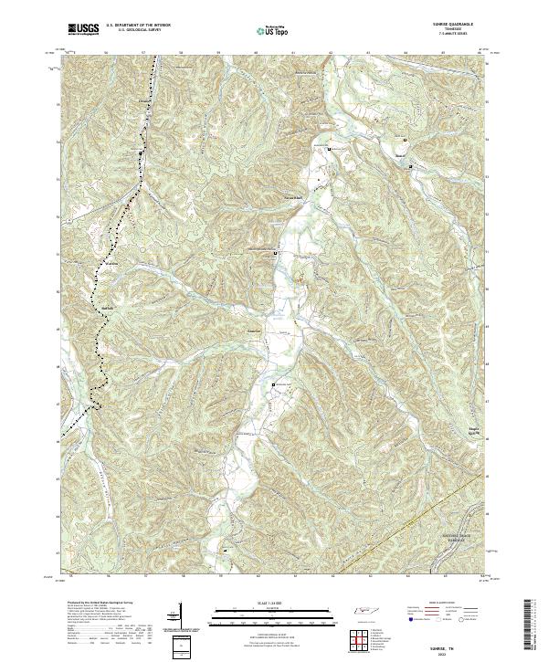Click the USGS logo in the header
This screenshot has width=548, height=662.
(x=83, y=29)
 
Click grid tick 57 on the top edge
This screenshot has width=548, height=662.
(x=143, y=53)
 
